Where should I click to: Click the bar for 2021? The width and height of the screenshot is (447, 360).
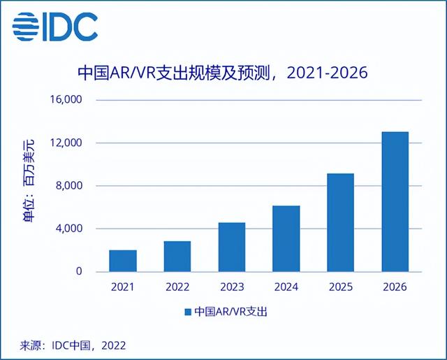(123, 261)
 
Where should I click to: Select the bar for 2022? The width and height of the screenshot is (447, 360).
(177, 256)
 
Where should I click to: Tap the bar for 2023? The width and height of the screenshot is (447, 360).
(232, 247)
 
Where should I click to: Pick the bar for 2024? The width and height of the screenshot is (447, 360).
(286, 238)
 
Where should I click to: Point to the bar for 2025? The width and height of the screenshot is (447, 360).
(341, 222)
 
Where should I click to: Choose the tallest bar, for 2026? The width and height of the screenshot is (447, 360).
(395, 201)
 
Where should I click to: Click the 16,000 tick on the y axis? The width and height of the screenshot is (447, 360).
(68, 100)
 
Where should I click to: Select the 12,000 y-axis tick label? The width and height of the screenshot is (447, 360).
(68, 143)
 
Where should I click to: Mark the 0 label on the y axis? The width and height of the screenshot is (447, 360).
(80, 271)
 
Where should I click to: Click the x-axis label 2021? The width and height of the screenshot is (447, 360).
(123, 287)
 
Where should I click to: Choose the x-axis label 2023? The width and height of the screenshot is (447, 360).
(232, 287)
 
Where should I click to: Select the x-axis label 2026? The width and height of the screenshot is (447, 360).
(395, 287)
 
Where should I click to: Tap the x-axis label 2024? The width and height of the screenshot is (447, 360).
(286, 287)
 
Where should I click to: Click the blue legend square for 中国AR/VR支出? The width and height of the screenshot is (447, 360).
(188, 312)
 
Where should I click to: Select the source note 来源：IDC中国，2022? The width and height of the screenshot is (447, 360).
(67, 345)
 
